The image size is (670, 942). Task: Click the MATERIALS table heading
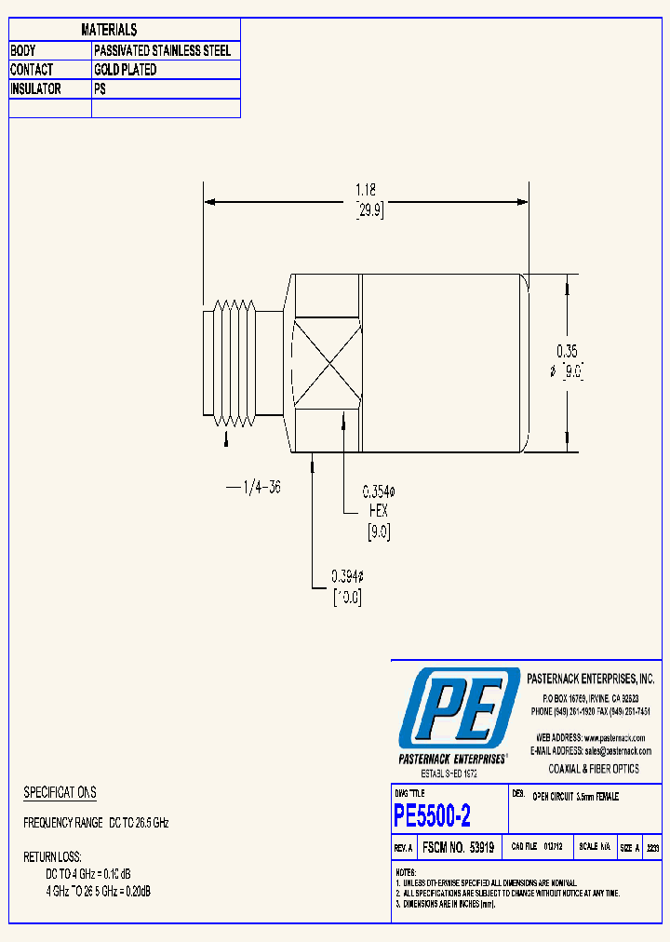109,31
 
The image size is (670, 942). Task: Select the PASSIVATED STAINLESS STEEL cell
162,50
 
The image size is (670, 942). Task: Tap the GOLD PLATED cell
126,70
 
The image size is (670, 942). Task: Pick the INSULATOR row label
36,89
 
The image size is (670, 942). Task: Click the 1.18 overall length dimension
367,190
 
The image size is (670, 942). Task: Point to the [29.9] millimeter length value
369,210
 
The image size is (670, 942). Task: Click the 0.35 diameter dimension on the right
567,351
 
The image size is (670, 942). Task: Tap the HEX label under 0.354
377,511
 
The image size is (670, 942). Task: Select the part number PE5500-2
432,816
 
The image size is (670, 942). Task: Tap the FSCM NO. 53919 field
459,848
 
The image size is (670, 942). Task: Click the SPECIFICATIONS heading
60,792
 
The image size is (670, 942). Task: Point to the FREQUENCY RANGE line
96,824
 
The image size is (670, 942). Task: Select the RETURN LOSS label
52,856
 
